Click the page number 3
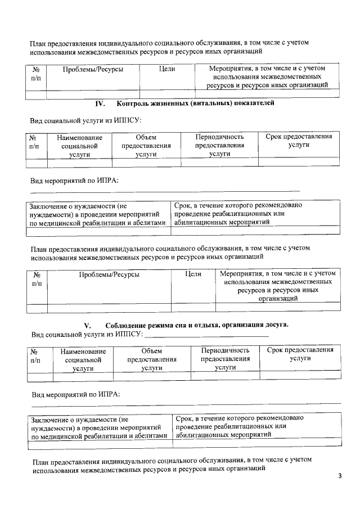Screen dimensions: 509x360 pyautogui.click(x=340, y=476)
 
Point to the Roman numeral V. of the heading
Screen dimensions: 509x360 pyautogui.click(x=87, y=325)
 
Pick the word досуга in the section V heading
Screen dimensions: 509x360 pyautogui.click(x=274, y=325)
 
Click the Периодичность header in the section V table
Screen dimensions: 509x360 pyautogui.click(x=225, y=350)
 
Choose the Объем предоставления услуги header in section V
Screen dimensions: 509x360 pyautogui.click(x=152, y=359)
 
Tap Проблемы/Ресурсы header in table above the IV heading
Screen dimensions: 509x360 pyautogui.click(x=93, y=69)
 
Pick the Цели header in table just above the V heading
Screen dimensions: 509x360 pyautogui.click(x=193, y=274)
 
